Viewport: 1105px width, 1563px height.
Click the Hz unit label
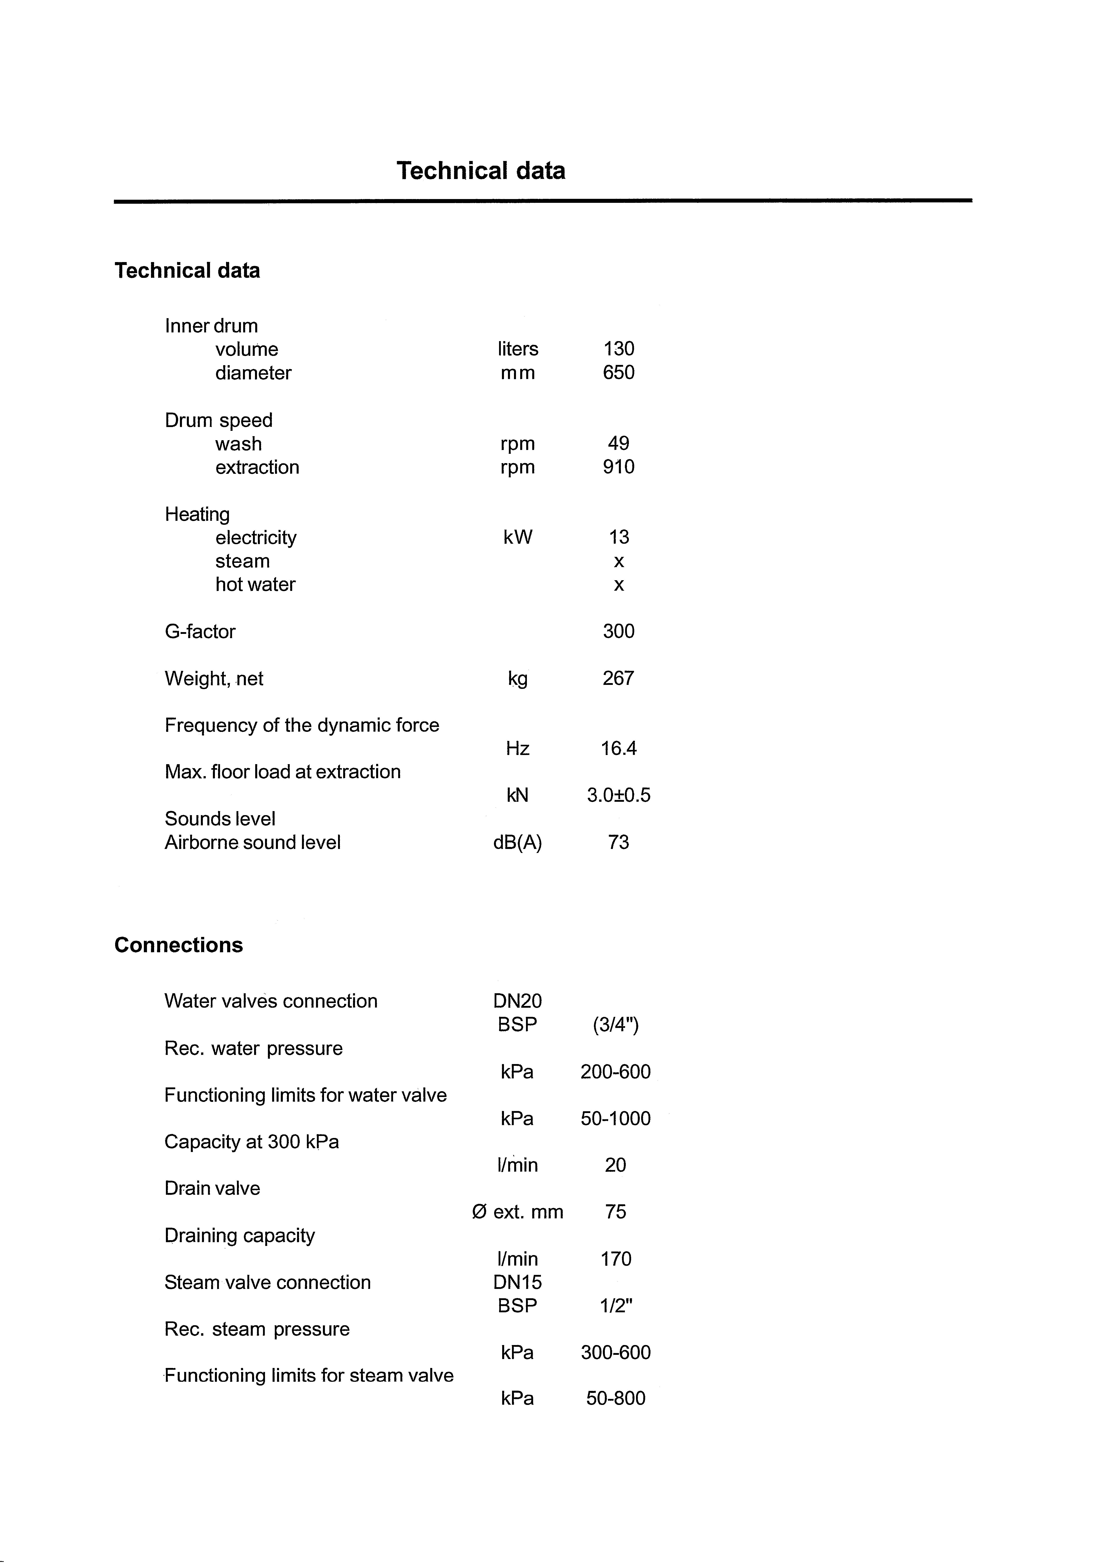click(518, 749)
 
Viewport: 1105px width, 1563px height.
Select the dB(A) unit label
click(518, 843)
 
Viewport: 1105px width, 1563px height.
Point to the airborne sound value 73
click(618, 843)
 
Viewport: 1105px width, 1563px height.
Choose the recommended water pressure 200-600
click(616, 1072)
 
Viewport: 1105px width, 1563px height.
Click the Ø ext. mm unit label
click(518, 1212)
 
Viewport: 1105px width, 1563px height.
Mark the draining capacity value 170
click(616, 1259)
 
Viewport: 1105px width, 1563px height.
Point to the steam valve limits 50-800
click(616, 1399)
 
